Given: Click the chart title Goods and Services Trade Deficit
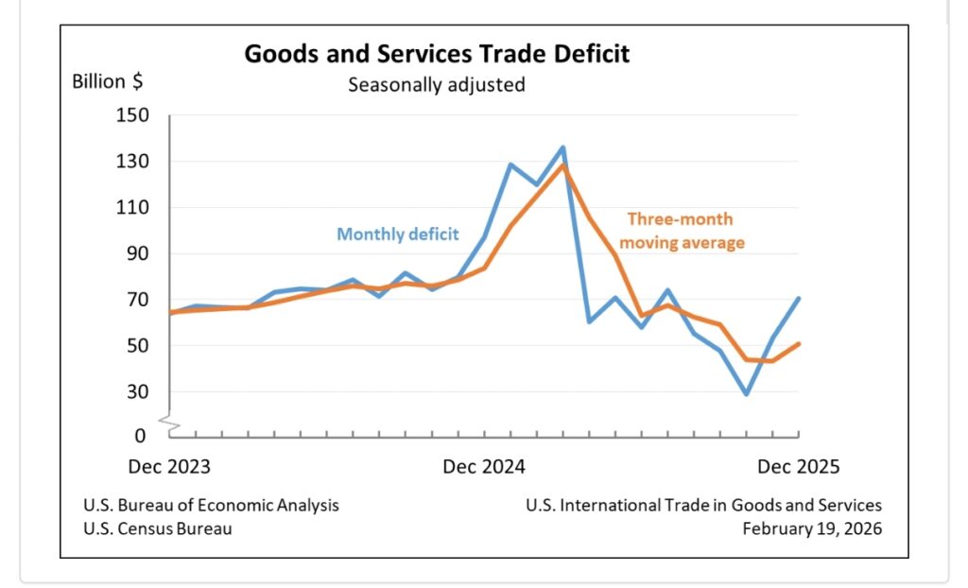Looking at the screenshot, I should (437, 53).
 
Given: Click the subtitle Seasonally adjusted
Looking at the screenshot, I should (436, 84).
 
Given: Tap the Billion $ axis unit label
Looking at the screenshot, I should (108, 80).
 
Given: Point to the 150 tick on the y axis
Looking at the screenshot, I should (132, 115).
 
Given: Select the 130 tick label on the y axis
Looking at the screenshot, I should (132, 162).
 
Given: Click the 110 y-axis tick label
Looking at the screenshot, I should (132, 208).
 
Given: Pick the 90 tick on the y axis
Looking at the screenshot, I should (138, 253).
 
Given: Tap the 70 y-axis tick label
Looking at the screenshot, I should (138, 300).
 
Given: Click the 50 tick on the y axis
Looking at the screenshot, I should (138, 346).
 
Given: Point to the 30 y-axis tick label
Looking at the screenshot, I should (138, 391).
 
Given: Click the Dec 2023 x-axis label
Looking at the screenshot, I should (169, 467).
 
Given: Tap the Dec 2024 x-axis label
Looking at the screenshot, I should (484, 467).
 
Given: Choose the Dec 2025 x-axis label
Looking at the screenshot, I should (798, 467).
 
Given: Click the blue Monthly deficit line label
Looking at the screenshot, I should (398, 233).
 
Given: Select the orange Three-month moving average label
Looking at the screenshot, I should (686, 231).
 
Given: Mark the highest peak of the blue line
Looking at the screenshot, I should (562, 147).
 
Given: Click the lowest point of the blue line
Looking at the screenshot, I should (747, 394).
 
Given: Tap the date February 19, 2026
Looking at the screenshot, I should (811, 528).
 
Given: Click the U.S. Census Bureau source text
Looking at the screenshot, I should (157, 528).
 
